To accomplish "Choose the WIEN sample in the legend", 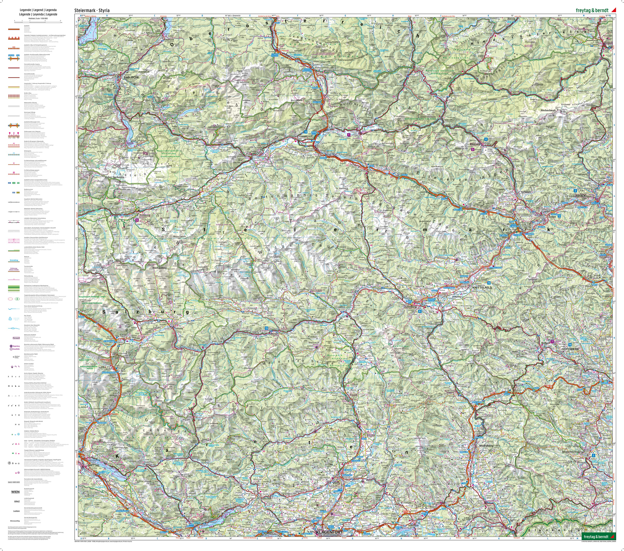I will (x=15, y=492).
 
